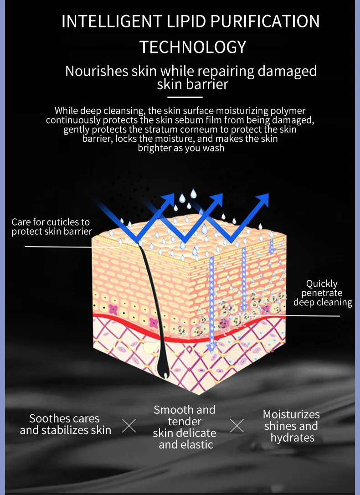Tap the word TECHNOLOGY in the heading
pyautogui.click(x=193, y=47)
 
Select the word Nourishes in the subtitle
pyautogui.click(x=96, y=72)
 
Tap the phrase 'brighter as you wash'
pyautogui.click(x=181, y=148)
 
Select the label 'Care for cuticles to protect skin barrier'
pyautogui.click(x=51, y=227)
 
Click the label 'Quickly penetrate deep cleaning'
pyautogui.click(x=323, y=293)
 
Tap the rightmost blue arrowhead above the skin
pyautogui.click(x=264, y=199)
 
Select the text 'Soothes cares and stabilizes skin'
pyautogui.click(x=65, y=424)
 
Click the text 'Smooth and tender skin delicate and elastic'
pyautogui.click(x=185, y=427)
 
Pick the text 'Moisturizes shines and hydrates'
pyautogui.click(x=292, y=426)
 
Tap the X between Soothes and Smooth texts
pyautogui.click(x=129, y=426)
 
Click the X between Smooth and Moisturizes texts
pyautogui.click(x=237, y=426)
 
